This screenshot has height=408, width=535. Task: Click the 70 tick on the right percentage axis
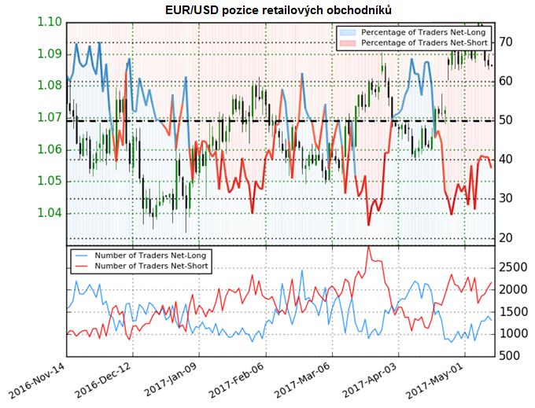pyautogui.click(x=507, y=42)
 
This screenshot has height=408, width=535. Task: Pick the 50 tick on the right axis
pyautogui.click(x=507, y=120)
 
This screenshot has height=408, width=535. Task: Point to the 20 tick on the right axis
pyautogui.click(x=507, y=238)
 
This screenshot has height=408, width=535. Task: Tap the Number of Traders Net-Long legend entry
pyautogui.click(x=142, y=255)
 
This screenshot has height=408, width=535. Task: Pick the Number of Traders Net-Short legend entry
pyautogui.click(x=142, y=266)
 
